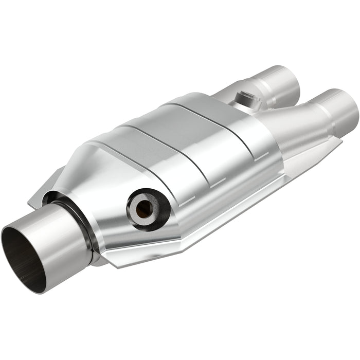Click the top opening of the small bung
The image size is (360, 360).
pos(243,95)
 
